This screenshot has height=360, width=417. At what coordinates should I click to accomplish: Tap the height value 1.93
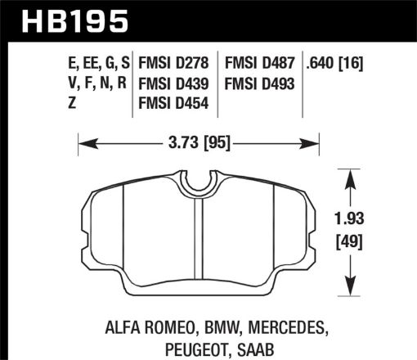353,221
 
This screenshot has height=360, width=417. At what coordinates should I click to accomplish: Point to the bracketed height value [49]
353,241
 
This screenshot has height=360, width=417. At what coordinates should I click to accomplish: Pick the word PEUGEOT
162,347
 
